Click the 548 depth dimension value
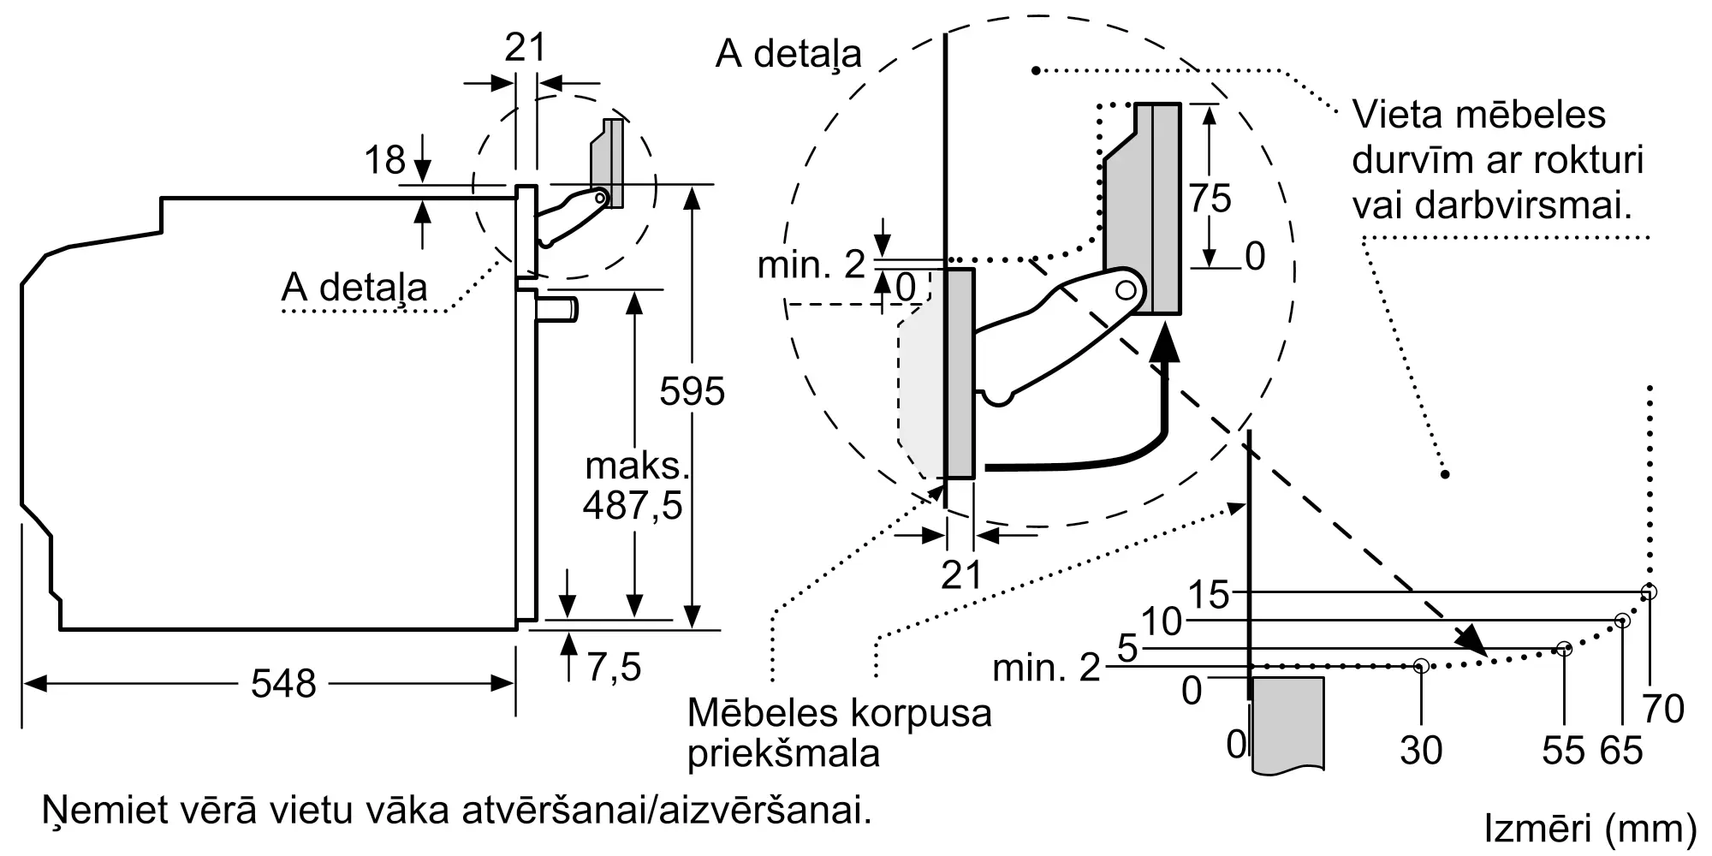click(283, 683)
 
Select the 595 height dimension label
click(692, 391)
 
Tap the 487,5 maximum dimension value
click(633, 505)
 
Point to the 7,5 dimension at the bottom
click(614, 666)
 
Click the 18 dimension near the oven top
click(384, 160)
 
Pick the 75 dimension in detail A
click(1210, 199)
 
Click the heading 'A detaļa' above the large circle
click(788, 53)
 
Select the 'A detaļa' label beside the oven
click(354, 287)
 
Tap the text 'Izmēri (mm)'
click(1590, 828)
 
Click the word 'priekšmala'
click(783, 753)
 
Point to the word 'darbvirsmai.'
click(1492, 205)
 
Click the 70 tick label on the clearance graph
click(1663, 709)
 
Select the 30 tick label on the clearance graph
click(1421, 750)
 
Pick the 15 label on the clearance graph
click(1209, 594)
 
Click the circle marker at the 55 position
click(1564, 649)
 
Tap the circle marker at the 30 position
click(1421, 665)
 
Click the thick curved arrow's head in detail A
click(1163, 347)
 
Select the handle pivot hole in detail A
click(1126, 290)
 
